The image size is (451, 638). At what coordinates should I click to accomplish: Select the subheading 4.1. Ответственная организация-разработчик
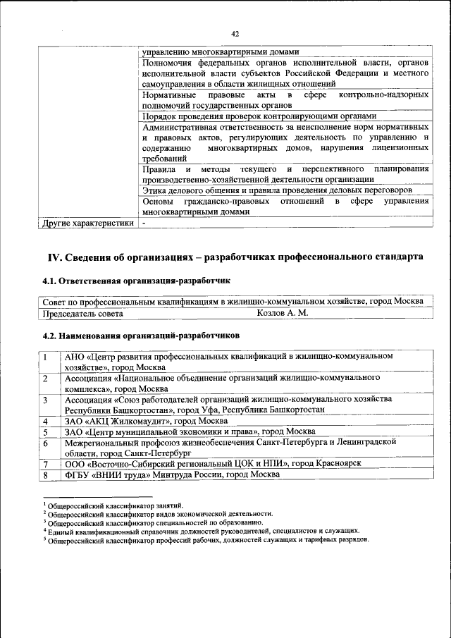coord(137,281)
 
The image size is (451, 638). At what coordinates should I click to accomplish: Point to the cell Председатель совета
coord(78,313)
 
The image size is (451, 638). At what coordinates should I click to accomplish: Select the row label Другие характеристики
coord(88,223)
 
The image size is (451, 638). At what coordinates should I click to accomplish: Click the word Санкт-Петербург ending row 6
coord(156,453)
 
